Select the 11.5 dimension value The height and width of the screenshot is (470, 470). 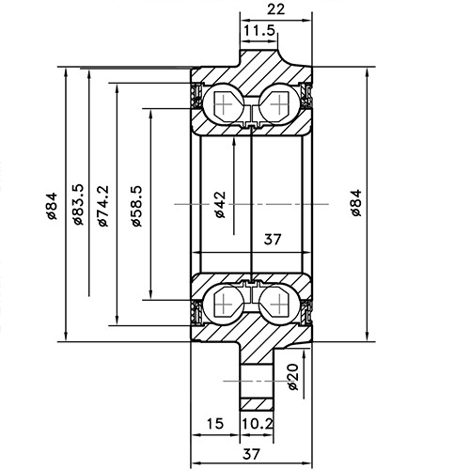[x=259, y=32]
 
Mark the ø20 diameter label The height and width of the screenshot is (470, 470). [x=292, y=376]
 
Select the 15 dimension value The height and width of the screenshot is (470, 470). [x=214, y=425]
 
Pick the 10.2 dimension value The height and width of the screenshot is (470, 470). [x=258, y=425]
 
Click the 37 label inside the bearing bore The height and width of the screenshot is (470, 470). [x=273, y=240]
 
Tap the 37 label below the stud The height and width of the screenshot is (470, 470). [x=251, y=454]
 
